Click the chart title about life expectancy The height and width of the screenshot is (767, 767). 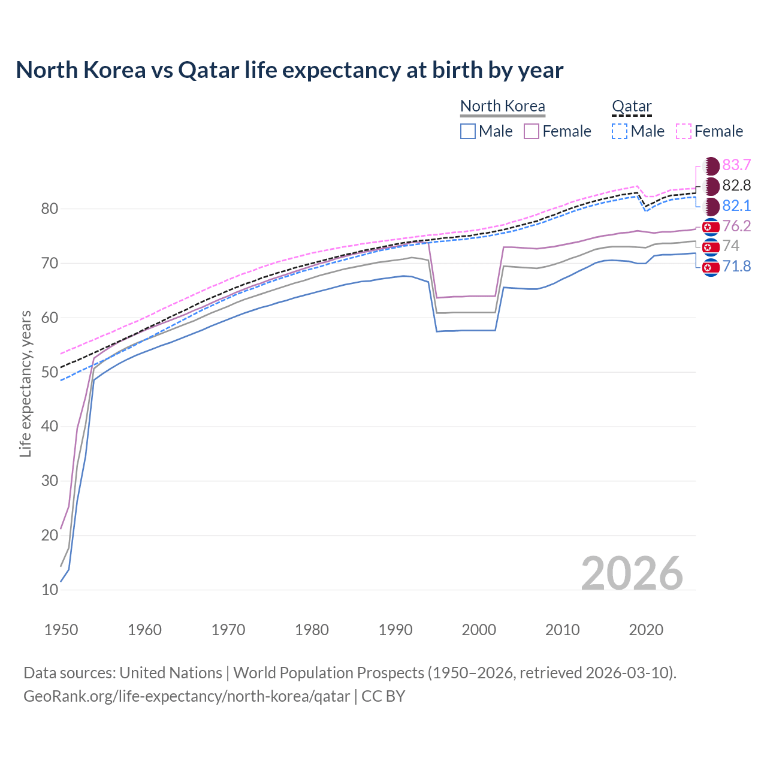(289, 70)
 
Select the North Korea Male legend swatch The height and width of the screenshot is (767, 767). (468, 131)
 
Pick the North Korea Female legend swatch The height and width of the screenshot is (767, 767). (532, 131)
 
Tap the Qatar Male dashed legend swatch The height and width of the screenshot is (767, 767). (620, 131)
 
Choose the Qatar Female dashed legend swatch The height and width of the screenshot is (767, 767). (684, 131)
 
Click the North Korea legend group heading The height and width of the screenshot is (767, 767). (503, 106)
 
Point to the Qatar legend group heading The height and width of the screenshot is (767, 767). (632, 106)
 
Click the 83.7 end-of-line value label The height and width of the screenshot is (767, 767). (736, 165)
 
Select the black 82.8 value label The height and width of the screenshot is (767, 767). (736, 185)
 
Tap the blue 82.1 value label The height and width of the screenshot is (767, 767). (736, 206)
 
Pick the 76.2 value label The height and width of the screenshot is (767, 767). (736, 226)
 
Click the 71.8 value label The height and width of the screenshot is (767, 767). (736, 266)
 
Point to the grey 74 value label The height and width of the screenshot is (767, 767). (731, 246)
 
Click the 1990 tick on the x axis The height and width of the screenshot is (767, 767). (395, 630)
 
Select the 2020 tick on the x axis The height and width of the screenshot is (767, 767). (646, 630)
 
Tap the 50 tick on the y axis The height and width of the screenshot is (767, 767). (50, 372)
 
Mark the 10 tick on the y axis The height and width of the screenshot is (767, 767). (50, 590)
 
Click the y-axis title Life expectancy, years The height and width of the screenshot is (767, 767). (25, 383)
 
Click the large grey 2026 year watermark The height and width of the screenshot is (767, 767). (632, 573)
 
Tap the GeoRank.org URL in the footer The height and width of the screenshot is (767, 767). (186, 696)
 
